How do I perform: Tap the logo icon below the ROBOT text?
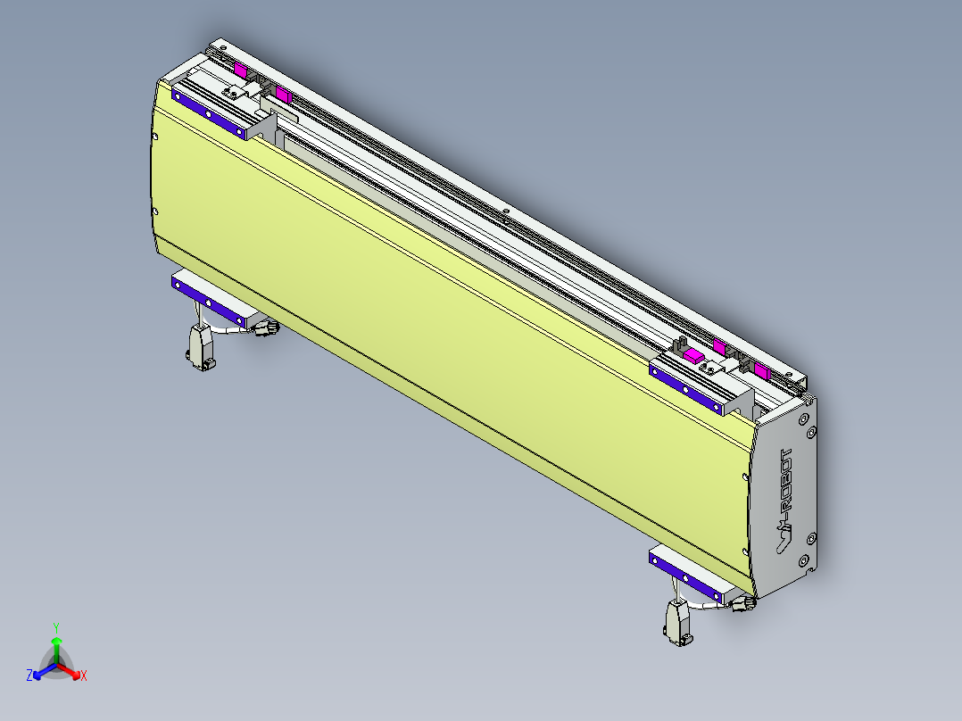pos(782,540)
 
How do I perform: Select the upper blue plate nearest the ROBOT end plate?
pos(687,388)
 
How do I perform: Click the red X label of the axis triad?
pos(84,676)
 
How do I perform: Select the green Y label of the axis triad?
pos(56,627)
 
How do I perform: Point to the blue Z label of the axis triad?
pos(29,675)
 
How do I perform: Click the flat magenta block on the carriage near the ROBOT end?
pos(693,355)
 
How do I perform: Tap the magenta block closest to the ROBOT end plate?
pos(761,369)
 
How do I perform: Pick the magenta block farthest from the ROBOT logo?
pos(240,69)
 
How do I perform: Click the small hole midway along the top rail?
pos(504,211)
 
